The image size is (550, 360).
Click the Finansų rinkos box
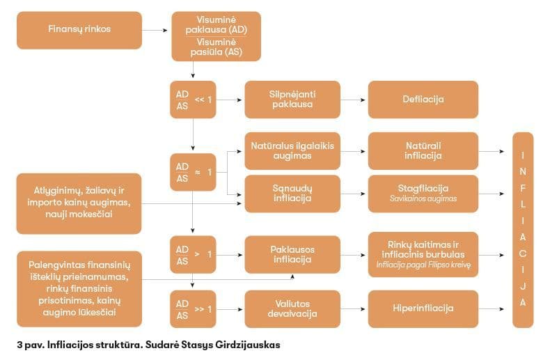coord(79,30)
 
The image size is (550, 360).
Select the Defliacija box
coord(423,100)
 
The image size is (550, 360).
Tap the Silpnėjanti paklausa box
coord(292,100)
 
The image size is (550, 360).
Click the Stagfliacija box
coord(423,193)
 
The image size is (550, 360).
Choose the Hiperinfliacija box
coord(423,308)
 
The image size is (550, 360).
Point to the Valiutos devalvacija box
coord(292,308)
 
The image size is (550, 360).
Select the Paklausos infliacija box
coord(292,254)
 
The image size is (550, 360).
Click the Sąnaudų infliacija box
coord(292,193)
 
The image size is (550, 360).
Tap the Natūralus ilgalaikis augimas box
coord(292,150)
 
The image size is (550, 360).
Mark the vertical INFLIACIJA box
coord(523,230)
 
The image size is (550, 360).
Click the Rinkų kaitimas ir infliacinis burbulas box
coord(423,254)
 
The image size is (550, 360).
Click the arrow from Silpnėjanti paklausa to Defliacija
coord(354,100)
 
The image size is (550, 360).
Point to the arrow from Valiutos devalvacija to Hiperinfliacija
coord(354,308)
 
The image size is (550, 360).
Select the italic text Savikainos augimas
coord(423,199)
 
